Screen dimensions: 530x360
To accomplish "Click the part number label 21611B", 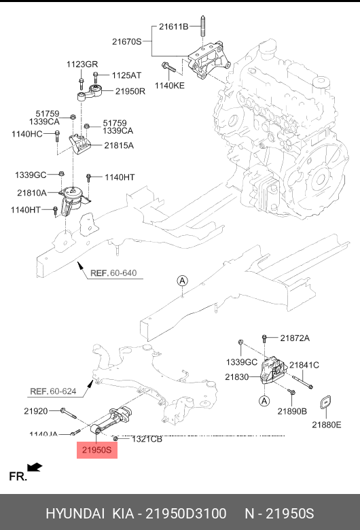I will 173,27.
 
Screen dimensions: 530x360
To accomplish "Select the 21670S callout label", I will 127,41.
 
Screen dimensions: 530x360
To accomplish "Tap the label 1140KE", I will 170,86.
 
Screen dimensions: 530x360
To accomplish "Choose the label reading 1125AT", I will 126,75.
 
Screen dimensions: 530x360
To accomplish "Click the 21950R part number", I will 130,91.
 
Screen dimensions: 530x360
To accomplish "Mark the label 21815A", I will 119,145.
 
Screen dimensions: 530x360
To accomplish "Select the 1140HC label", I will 27,135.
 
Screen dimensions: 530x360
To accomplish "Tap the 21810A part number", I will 32,192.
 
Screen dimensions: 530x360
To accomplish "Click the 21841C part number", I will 304,365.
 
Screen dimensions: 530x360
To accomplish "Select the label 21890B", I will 292,411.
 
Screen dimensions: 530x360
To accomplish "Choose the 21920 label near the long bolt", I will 35,411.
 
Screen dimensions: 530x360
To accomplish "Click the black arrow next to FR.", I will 35,467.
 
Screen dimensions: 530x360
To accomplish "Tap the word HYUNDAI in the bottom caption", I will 73,513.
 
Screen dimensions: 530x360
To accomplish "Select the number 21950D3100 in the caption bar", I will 184,513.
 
